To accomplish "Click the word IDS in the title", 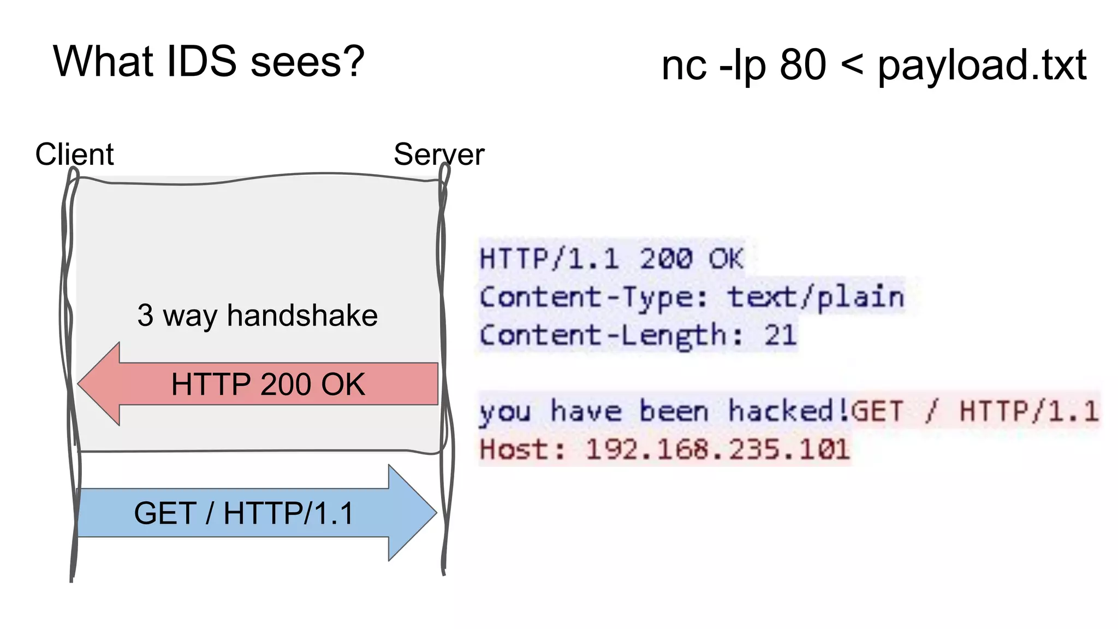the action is click(x=201, y=61).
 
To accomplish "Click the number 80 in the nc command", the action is click(x=802, y=64).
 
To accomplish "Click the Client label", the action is click(x=74, y=154).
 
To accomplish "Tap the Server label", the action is click(x=439, y=154).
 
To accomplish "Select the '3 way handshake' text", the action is click(x=257, y=316).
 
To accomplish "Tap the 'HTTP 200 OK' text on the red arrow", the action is click(x=267, y=384).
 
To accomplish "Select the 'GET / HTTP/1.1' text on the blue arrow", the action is click(x=243, y=513).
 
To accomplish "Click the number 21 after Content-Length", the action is click(x=780, y=335).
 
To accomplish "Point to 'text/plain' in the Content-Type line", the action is click(x=816, y=297).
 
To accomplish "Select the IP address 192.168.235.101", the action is click(x=717, y=450).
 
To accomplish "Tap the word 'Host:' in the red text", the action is click(x=522, y=450).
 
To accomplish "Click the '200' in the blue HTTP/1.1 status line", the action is click(x=666, y=259).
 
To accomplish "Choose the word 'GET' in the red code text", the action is click(x=877, y=411).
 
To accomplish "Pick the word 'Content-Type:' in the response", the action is click(x=593, y=297).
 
